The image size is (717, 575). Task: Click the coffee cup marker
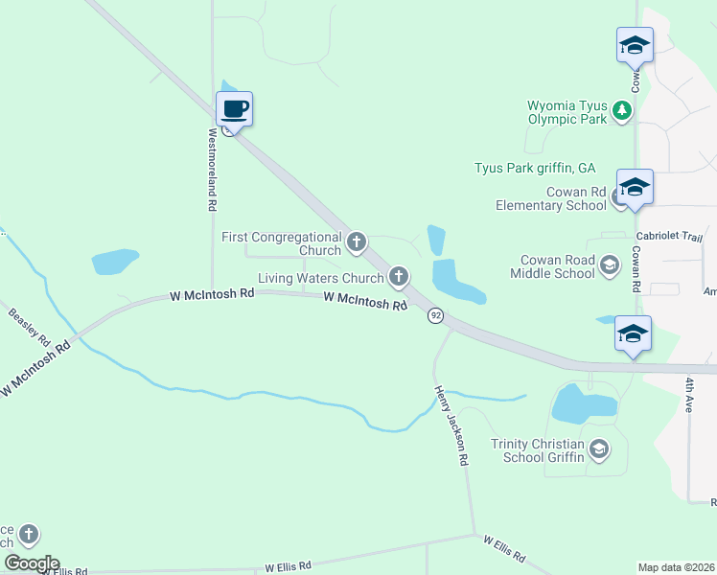(235, 110)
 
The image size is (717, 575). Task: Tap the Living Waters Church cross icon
(399, 278)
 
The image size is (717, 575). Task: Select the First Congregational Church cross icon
(357, 242)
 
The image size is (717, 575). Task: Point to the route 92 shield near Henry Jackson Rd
(436, 315)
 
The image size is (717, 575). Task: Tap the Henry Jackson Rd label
(451, 425)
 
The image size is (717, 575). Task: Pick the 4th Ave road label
(689, 394)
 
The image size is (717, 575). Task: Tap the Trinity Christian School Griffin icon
(599, 448)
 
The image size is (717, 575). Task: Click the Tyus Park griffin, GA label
(535, 167)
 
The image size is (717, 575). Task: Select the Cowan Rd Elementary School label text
(550, 198)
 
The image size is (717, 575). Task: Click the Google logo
(32, 563)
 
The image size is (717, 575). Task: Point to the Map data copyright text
(677, 567)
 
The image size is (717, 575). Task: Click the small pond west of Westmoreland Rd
(115, 261)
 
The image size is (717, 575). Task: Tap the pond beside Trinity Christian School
(584, 403)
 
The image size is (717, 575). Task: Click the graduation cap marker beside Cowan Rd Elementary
(635, 187)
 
